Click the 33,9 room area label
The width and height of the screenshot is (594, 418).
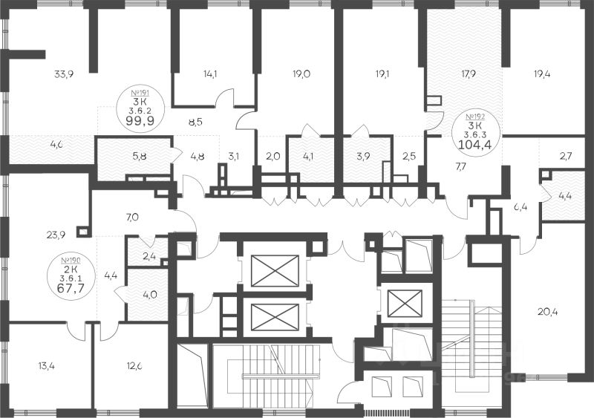point(64,74)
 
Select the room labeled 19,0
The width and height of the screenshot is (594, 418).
point(301,74)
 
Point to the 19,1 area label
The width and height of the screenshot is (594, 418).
point(382,74)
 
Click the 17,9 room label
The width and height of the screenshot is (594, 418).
point(467,74)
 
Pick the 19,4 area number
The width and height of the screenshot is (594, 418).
point(543,74)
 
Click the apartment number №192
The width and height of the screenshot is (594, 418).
point(475,117)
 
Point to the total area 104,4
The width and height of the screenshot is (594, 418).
point(475,143)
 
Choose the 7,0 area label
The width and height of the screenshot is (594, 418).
point(132,217)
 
